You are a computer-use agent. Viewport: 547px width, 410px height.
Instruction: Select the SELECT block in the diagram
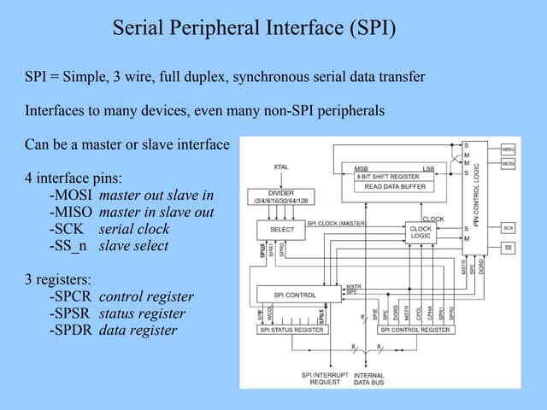pos(281,229)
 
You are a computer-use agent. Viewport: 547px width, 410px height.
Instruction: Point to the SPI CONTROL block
pos(294,295)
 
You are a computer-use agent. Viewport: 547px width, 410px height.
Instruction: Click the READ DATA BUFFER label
pos(396,185)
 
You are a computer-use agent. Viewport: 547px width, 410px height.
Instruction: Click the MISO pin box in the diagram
pos(507,148)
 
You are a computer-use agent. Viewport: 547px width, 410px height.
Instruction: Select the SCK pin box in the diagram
pos(507,228)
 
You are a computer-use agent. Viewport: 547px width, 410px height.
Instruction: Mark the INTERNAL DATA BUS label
pos(368,379)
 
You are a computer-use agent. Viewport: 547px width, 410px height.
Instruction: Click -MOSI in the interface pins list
pos(72,196)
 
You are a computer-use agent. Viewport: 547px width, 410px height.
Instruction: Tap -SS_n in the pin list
pos(71,246)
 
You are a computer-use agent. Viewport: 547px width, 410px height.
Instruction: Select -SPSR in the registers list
pos(72,313)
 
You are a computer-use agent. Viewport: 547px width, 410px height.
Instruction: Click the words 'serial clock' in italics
pos(134,229)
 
